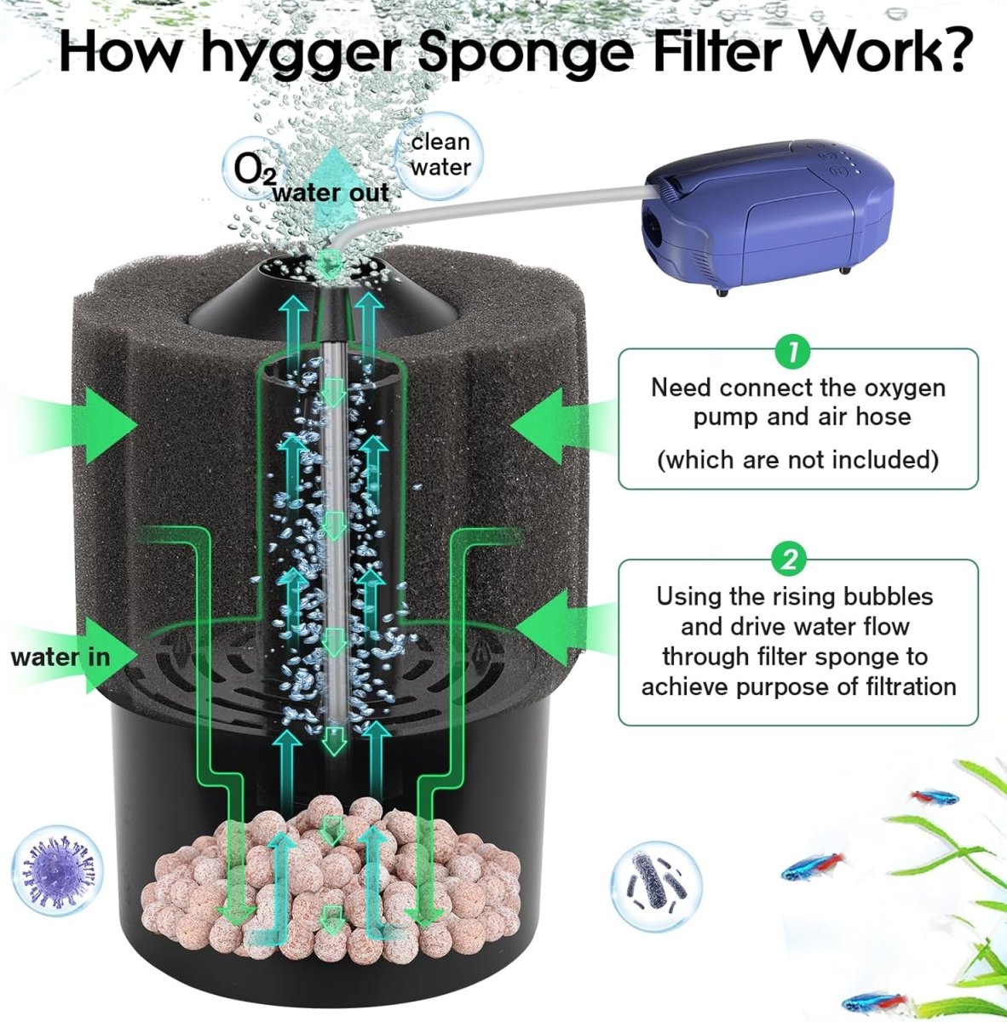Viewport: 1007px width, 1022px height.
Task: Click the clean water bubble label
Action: [x=440, y=155]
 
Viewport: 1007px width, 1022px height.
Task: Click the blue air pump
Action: [x=751, y=221]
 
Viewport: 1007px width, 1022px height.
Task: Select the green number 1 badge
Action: [x=792, y=349]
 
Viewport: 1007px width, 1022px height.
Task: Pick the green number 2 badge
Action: [x=790, y=560]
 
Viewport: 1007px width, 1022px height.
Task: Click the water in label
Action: [x=60, y=657]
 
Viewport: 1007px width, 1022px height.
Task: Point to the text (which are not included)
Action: [x=797, y=460]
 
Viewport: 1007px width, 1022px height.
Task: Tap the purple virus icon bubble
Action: [x=57, y=872]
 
